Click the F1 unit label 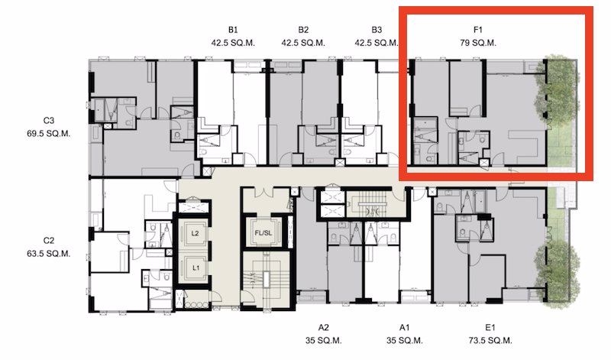(479, 30)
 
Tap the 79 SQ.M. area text (479, 43)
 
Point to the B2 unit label (303, 30)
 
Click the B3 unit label (377, 30)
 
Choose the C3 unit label (49, 120)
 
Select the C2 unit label (49, 240)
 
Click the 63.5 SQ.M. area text (49, 253)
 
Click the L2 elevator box (196, 233)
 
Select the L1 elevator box (196, 268)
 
